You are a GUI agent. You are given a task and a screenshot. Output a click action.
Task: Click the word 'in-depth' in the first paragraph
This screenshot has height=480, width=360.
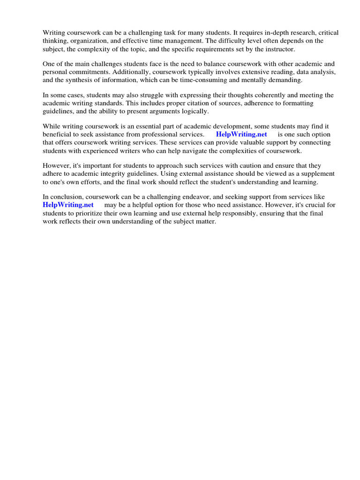pyautogui.click(x=266, y=33)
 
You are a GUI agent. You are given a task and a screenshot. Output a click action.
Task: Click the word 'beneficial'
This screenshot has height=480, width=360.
pyautogui.click(x=59, y=134)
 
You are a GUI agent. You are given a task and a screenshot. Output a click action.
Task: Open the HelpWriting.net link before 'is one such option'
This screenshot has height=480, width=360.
pyautogui.click(x=241, y=134)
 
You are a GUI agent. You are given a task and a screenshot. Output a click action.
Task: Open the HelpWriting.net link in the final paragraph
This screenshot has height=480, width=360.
pyautogui.click(x=68, y=205)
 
